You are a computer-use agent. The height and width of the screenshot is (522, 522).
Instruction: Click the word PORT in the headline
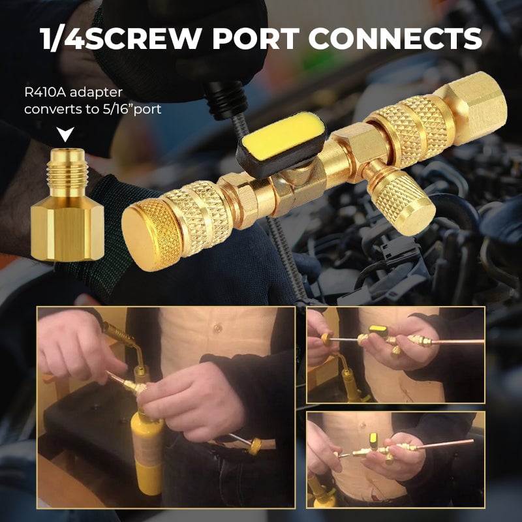pos(256,38)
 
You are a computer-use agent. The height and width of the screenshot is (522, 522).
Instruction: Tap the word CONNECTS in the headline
pos(395,38)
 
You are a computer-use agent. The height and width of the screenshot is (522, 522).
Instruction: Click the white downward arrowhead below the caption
pos(65,134)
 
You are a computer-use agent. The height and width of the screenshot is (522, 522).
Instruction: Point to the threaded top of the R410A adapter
pos(67,173)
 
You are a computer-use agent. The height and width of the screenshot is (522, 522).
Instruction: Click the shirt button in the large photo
pos(217,329)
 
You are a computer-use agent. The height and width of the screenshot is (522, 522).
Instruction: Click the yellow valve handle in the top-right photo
pos(378,330)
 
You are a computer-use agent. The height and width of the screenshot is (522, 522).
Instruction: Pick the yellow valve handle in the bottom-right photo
pos(373,437)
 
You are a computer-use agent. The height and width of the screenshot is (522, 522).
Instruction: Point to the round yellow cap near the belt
pos(255,446)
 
